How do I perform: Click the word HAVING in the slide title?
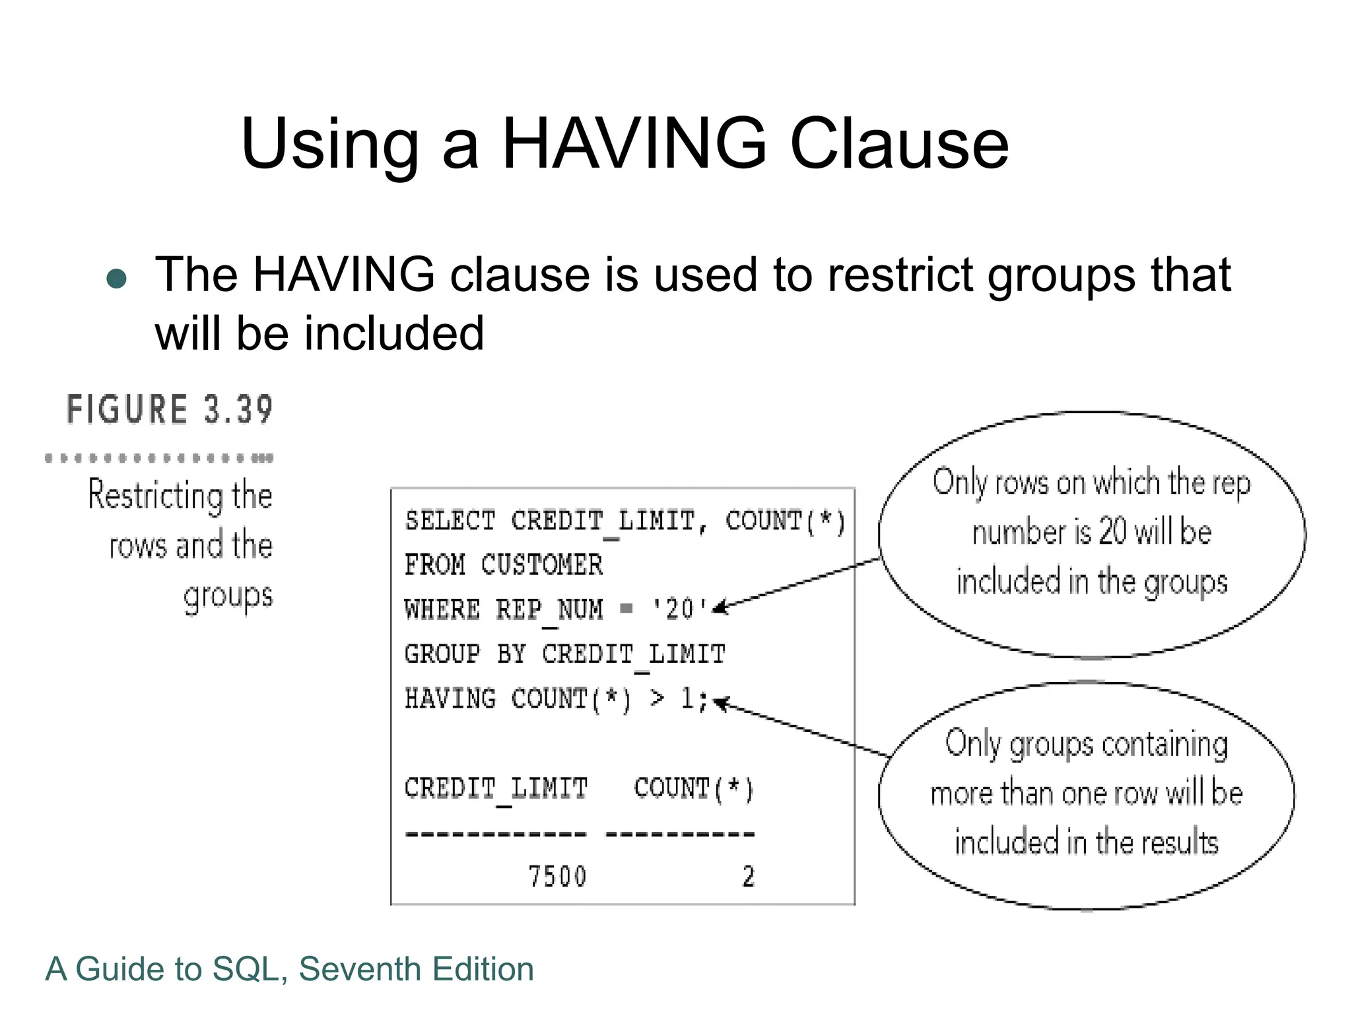(634, 143)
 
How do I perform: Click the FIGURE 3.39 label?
(170, 409)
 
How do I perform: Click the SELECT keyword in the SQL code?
(450, 521)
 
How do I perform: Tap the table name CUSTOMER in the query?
(541, 565)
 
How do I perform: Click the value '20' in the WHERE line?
(679, 609)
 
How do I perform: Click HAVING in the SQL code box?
(450, 698)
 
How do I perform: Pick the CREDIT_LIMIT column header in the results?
(496, 788)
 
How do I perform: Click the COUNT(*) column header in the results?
(693, 788)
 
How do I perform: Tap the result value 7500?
(557, 877)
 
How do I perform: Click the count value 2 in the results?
(748, 877)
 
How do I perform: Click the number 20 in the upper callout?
(1112, 532)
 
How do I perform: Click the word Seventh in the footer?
(360, 969)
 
